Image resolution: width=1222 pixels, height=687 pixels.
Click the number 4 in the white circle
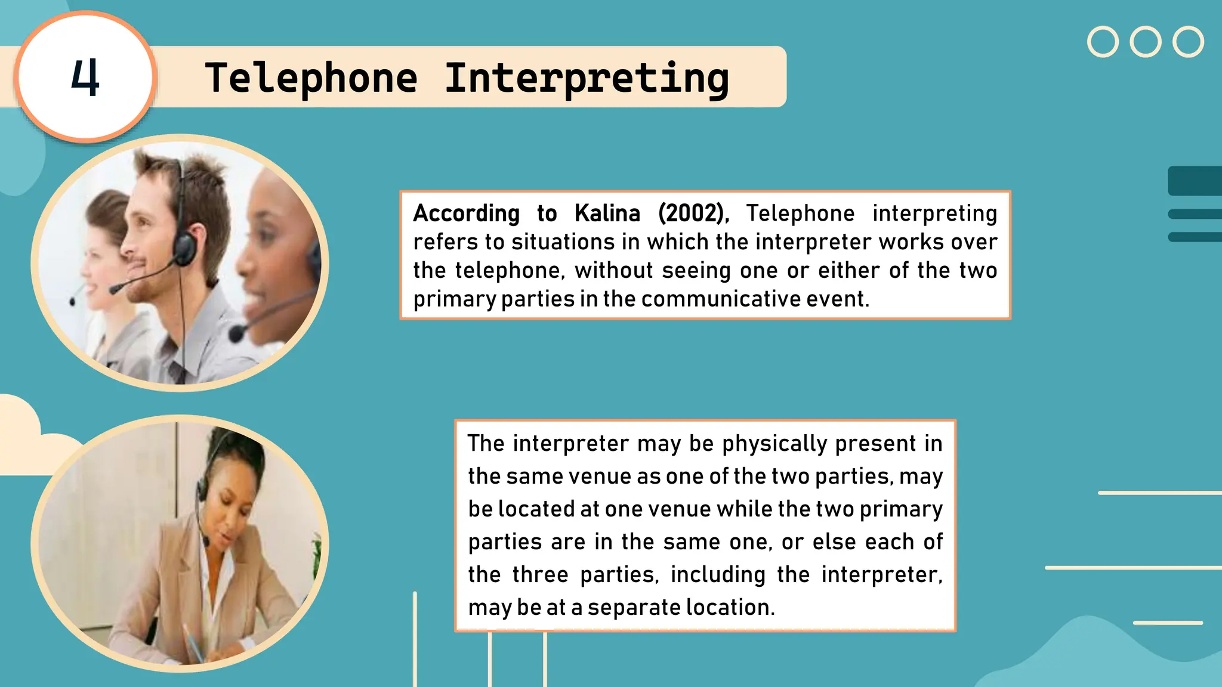(85, 78)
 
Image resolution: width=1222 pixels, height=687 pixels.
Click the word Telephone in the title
(311, 78)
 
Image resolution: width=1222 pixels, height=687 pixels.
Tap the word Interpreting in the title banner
(587, 79)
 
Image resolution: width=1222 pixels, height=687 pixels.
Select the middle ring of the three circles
(1145, 42)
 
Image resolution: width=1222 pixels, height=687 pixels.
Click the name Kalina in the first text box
(607, 213)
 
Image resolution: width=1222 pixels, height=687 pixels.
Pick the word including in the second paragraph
(718, 574)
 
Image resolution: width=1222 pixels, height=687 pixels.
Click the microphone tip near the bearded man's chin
(114, 289)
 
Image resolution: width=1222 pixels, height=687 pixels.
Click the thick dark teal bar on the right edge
(1195, 181)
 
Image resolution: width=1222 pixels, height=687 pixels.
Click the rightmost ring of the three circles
(1187, 42)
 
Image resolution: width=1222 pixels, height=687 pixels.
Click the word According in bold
(466, 213)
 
